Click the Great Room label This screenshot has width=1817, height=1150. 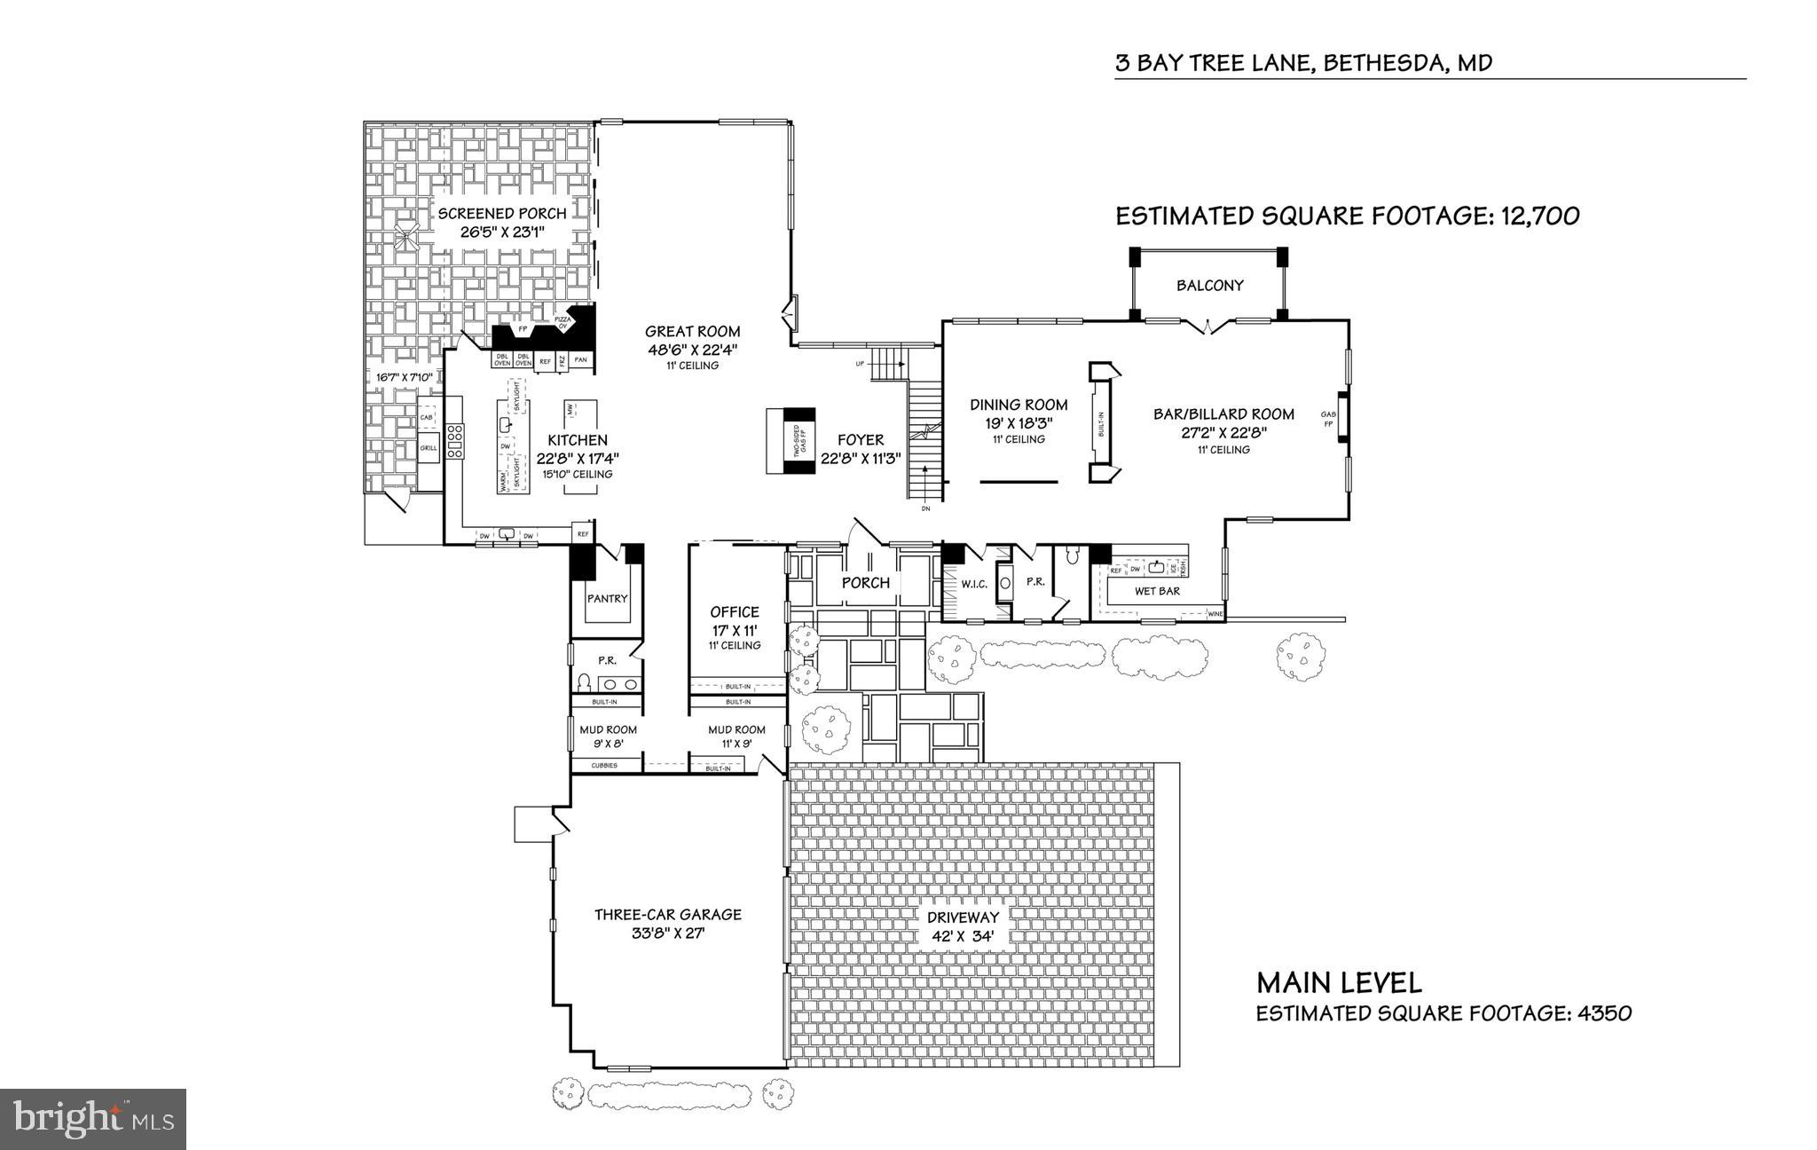pyautogui.click(x=692, y=332)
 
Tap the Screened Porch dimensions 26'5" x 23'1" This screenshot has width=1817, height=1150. pyautogui.click(x=501, y=232)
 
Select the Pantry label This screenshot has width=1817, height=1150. pyautogui.click(x=607, y=599)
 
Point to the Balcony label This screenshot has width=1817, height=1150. pyautogui.click(x=1209, y=286)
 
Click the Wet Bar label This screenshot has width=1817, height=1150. pyautogui.click(x=1157, y=591)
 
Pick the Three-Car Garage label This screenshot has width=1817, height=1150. pyautogui.click(x=667, y=915)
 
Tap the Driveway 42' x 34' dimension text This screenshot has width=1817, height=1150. pyautogui.click(x=963, y=935)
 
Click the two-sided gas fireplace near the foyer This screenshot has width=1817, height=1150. pyautogui.click(x=791, y=442)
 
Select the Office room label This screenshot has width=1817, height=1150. pyautogui.click(x=735, y=612)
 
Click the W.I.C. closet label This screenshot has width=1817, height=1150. pyautogui.click(x=973, y=583)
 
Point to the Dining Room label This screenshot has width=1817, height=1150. pyautogui.click(x=1019, y=406)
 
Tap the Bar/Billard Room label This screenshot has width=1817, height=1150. pyautogui.click(x=1223, y=414)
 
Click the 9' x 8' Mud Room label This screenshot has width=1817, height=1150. pyautogui.click(x=608, y=730)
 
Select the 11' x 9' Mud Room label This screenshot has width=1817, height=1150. pyautogui.click(x=736, y=730)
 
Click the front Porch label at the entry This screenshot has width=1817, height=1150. pyautogui.click(x=865, y=583)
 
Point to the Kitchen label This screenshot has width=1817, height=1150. pyautogui.click(x=577, y=441)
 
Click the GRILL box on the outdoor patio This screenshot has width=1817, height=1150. pyautogui.click(x=429, y=449)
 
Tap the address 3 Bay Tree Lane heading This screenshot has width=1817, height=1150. pyautogui.click(x=1303, y=63)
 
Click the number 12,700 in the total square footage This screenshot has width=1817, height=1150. pyautogui.click(x=1540, y=217)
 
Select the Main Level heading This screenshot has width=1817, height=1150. pyautogui.click(x=1339, y=983)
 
